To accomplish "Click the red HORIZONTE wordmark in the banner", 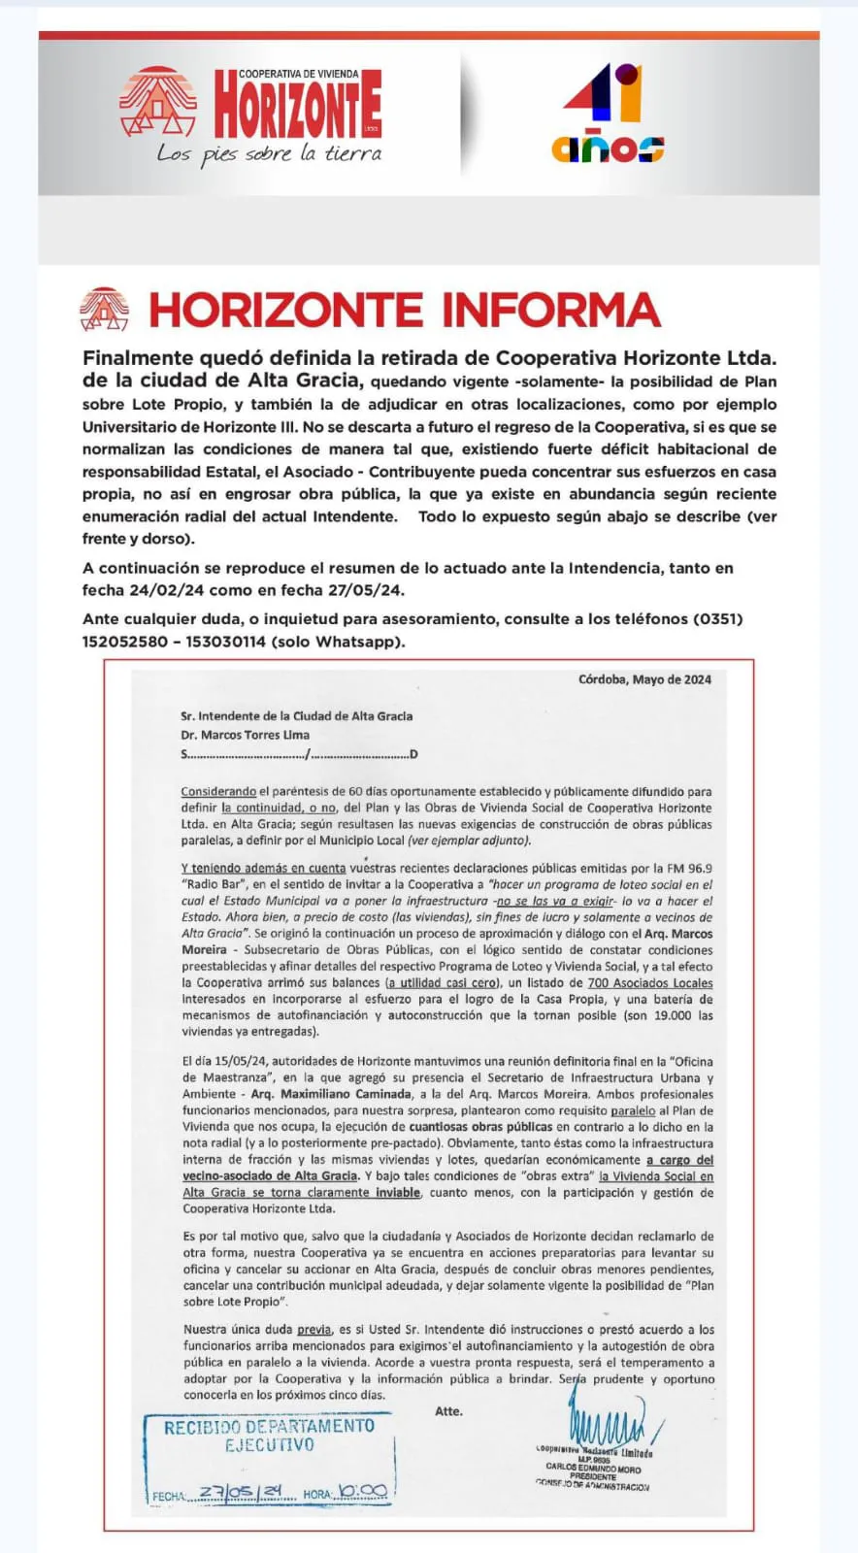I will (297, 106).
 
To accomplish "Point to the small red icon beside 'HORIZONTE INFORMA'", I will (104, 310).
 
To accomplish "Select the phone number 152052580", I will (125, 642).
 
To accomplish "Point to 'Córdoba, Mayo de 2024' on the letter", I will (644, 679).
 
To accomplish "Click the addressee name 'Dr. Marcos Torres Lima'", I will (245, 735).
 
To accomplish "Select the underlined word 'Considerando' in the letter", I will (218, 792).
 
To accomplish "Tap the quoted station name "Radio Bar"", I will (214, 885).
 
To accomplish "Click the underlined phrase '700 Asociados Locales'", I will (650, 983).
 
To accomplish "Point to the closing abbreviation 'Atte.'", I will (448, 1411).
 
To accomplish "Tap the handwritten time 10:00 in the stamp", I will (363, 1492).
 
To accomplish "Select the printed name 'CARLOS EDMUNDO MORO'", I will (593, 1468).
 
